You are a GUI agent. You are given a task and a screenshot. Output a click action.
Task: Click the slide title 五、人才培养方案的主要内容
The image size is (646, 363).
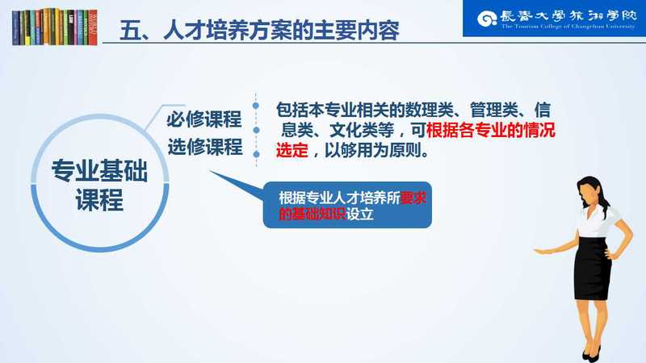coord(259,30)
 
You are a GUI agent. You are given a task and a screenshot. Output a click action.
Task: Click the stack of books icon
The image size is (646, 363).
coord(55,27)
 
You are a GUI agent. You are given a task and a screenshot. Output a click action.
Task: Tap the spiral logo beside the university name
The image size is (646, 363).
coord(487,19)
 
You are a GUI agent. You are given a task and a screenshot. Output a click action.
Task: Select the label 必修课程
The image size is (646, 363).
coord(204,119)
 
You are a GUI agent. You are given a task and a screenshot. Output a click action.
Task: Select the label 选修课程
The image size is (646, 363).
coord(205,147)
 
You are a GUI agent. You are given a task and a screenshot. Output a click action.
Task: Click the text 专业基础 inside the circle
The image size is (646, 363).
coord(99,171)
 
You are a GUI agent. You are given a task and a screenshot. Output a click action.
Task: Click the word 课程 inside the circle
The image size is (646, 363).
coord(99,200)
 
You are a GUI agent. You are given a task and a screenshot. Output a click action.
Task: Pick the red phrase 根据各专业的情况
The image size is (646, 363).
coord(491,131)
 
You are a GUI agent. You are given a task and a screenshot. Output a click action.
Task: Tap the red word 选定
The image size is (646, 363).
coord(292,150)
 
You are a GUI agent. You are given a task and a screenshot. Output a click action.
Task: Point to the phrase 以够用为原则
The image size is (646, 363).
coord(373,150)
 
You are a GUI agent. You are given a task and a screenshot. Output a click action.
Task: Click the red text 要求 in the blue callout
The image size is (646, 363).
coord(413,198)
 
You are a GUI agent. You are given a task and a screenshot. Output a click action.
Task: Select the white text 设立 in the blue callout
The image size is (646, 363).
coord(359,214)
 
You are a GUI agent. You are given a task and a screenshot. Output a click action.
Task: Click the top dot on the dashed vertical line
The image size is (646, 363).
coord(256,106)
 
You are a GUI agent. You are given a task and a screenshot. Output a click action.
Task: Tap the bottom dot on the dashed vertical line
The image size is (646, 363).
coord(256,154)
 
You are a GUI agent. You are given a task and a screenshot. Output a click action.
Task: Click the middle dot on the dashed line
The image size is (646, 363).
coord(256,130)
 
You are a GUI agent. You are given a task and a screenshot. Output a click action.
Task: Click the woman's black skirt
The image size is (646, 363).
coord(593,268)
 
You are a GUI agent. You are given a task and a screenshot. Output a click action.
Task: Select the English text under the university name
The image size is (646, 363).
coord(568,27)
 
